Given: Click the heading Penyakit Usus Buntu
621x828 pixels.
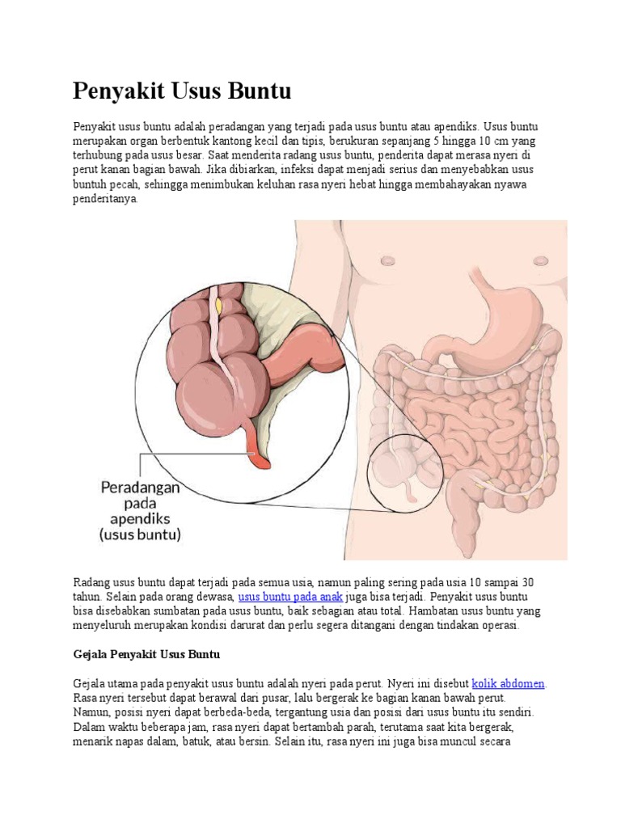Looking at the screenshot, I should pyautogui.click(x=182, y=91).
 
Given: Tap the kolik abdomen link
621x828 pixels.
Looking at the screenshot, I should pyautogui.click(x=508, y=683).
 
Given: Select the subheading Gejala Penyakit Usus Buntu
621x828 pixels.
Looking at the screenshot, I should pyautogui.click(x=146, y=653).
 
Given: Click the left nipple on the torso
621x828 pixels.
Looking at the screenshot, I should pyautogui.click(x=388, y=261).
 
